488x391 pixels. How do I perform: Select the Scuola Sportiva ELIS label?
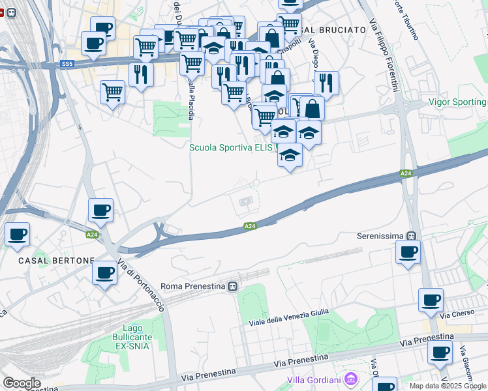coord(232,148)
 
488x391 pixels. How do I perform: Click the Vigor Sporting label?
coord(457,102)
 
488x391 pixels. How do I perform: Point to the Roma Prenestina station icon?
coord(232,286)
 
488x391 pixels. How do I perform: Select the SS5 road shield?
coord(67,63)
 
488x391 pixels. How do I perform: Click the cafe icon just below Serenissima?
coord(408,252)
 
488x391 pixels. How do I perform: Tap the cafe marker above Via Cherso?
coord(431,300)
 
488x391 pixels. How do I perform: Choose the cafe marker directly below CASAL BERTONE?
coord(104,273)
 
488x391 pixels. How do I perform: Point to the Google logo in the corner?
coord(22,383)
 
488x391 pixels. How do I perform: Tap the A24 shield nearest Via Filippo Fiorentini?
coord(406,173)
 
